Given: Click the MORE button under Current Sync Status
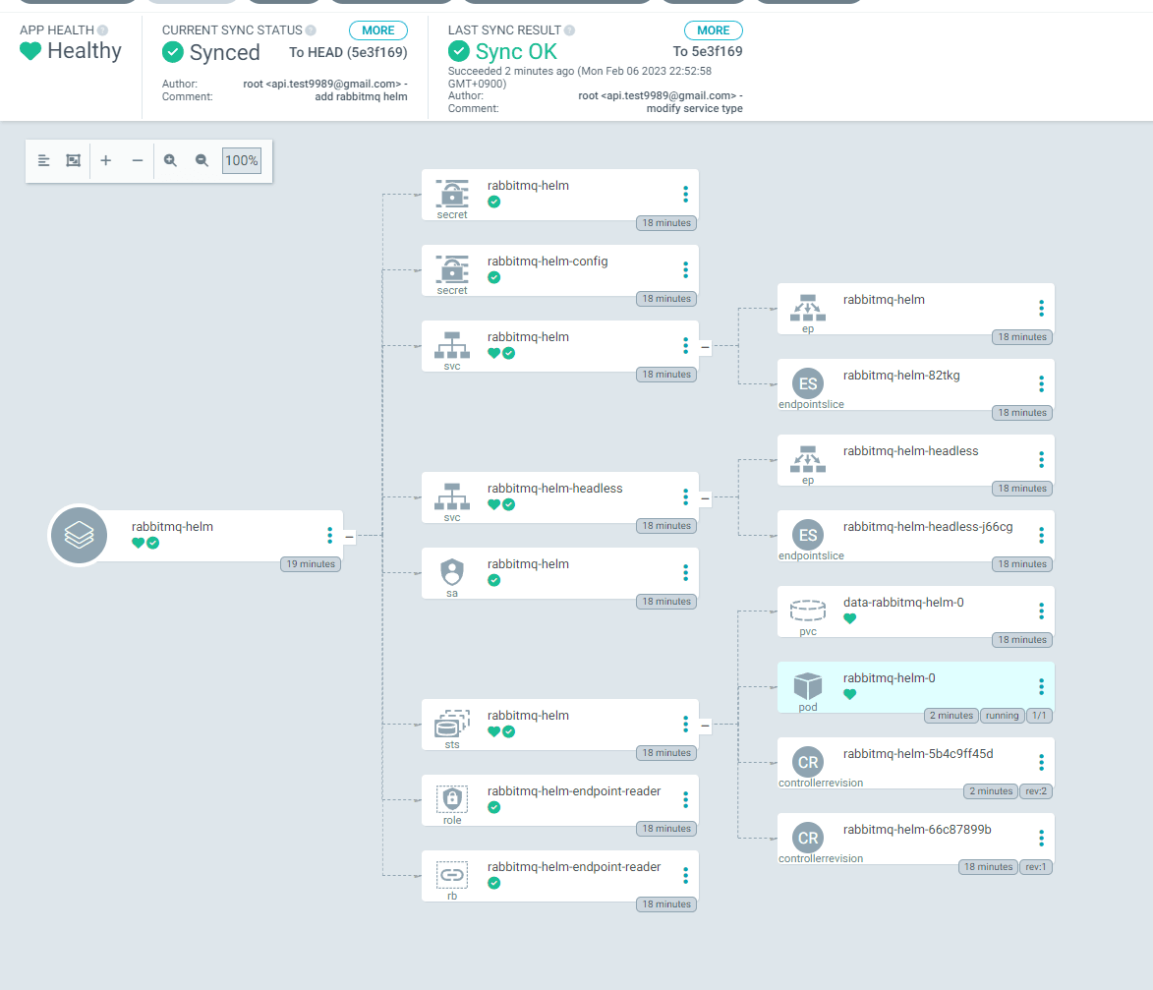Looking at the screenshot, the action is [x=378, y=30].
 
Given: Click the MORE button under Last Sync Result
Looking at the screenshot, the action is [x=714, y=30].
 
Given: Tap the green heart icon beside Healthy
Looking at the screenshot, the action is [x=30, y=51].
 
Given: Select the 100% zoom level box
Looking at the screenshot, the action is [x=241, y=160].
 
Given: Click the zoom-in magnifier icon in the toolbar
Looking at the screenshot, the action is [x=170, y=160].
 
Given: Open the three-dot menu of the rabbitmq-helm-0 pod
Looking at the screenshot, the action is [x=1041, y=687].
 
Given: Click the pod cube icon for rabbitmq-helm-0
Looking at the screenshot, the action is [x=807, y=686].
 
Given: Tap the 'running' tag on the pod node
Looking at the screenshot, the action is [x=1003, y=716].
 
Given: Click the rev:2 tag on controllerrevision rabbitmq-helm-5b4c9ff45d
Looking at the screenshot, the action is [x=1036, y=791].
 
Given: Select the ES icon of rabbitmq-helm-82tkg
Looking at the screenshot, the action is [x=807, y=383].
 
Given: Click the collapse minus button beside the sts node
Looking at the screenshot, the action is [x=705, y=726].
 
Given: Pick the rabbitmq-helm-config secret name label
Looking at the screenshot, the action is [x=548, y=262].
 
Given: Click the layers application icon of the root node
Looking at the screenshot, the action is [x=79, y=535].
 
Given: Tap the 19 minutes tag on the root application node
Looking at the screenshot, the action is [x=311, y=564].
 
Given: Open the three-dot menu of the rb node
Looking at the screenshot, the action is [x=685, y=875].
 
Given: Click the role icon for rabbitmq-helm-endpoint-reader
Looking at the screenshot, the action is [x=451, y=798].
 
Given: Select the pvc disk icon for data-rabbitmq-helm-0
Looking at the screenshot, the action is [x=807, y=611].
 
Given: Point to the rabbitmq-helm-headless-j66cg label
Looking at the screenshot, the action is [x=928, y=527].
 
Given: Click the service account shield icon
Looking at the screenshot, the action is [x=451, y=571].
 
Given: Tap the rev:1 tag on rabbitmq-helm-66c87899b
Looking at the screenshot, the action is [x=1036, y=867].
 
